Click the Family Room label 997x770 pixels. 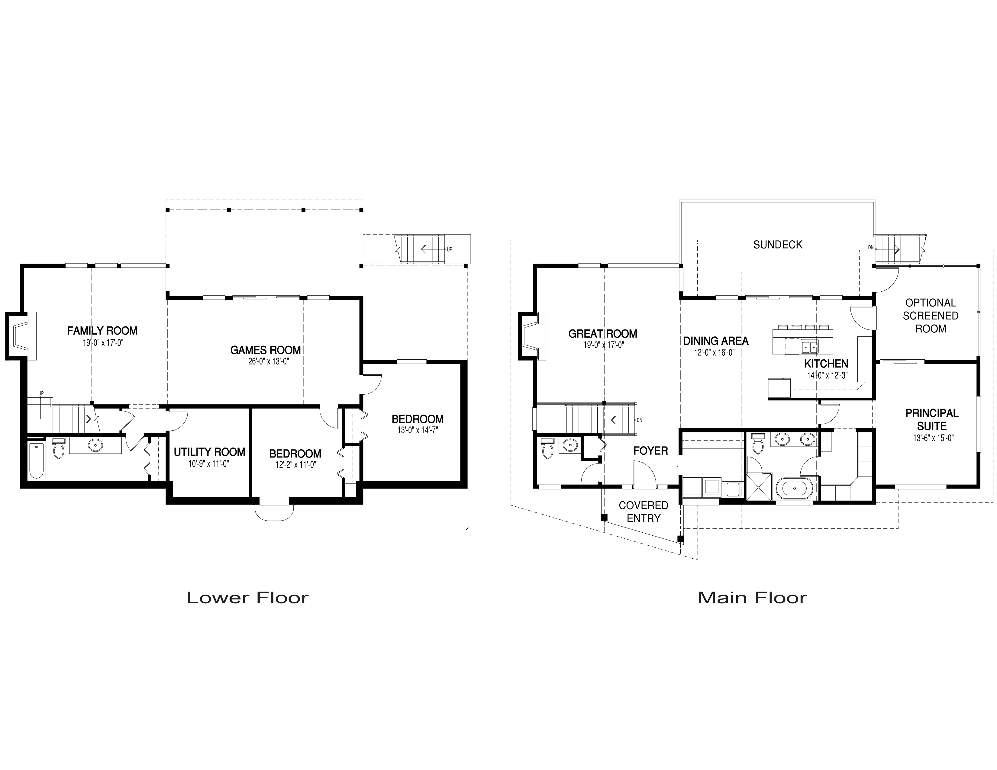(x=102, y=331)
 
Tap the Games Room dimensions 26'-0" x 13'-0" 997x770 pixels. (x=265, y=362)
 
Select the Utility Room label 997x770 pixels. (x=210, y=452)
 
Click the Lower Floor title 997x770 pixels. (x=247, y=598)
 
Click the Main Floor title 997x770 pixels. (x=752, y=598)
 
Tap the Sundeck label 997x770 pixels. (x=777, y=245)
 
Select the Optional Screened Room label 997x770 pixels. (x=930, y=316)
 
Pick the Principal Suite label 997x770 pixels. (x=932, y=420)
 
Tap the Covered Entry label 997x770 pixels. (x=643, y=512)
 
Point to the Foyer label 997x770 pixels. (x=650, y=451)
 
